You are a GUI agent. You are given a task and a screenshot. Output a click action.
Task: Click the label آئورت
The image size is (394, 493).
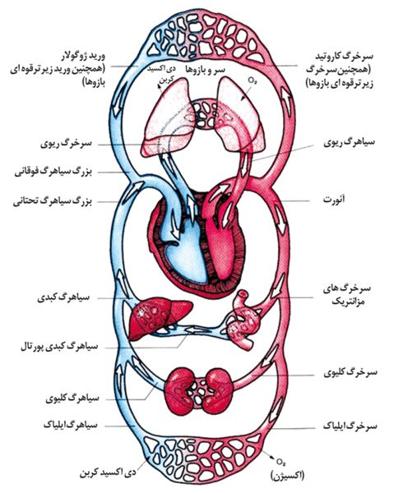tap(334, 200)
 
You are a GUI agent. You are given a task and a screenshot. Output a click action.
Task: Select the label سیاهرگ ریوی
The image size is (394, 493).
tap(350, 142)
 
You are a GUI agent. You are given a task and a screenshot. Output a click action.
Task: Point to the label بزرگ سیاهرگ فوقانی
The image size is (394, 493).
tap(53, 172)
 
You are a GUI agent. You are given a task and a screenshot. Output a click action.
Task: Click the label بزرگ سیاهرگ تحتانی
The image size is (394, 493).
tap(53, 201)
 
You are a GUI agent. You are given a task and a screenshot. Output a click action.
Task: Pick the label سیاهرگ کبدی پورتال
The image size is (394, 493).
tap(59, 347)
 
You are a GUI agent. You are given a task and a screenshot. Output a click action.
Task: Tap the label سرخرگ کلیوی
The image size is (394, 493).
tap(350, 372)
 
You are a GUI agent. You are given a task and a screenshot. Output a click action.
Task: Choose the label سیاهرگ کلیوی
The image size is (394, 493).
tap(72, 399)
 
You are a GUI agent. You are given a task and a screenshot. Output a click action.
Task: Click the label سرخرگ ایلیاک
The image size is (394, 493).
tap(350, 426)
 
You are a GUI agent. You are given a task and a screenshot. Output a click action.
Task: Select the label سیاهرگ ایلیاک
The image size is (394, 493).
tap(71, 425)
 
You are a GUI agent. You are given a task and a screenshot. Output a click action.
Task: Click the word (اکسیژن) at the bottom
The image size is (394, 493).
tap(287, 475)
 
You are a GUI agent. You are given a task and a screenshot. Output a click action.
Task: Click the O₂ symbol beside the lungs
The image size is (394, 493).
tap(252, 81)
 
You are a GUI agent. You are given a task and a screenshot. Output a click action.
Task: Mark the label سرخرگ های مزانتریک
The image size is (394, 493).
tap(347, 295)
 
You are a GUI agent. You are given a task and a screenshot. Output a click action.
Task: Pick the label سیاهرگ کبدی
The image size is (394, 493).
tap(63, 297)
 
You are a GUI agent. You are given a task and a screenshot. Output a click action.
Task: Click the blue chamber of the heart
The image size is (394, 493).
tap(186, 251)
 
